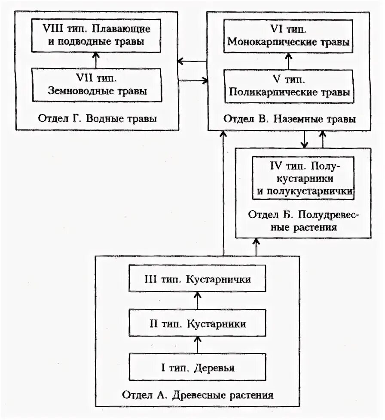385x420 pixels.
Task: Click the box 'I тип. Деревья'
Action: pos(198,368)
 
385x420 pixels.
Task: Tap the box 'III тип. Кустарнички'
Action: pos(198,279)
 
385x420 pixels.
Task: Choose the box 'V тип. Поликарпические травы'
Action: pos(288,86)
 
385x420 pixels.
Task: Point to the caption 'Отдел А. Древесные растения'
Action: pos(198,395)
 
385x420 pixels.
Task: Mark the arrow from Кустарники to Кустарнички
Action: pos(197,301)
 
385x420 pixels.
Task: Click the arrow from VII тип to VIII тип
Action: pos(96,60)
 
